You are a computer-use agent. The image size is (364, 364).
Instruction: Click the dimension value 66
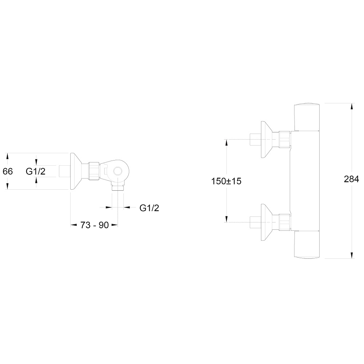8,171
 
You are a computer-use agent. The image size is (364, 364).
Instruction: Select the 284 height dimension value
351,179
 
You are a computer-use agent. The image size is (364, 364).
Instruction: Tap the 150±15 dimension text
226,181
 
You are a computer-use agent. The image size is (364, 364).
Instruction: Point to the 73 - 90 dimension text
95,225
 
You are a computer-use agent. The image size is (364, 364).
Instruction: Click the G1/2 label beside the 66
36,171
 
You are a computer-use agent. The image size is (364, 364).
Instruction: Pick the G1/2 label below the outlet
149,208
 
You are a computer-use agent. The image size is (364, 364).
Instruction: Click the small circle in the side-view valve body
118,171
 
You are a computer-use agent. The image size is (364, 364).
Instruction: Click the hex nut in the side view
94,171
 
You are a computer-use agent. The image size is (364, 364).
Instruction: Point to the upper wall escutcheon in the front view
270,139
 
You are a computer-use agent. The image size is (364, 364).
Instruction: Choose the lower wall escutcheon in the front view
270,222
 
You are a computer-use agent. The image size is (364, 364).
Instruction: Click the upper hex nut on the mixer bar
285,139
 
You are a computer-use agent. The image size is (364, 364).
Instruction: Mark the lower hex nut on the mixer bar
285,222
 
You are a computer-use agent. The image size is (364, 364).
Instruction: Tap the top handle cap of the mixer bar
307,116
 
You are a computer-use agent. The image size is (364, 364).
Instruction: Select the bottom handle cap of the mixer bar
307,245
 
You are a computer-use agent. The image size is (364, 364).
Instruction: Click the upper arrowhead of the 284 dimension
352,106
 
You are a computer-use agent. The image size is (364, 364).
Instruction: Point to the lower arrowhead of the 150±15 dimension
226,219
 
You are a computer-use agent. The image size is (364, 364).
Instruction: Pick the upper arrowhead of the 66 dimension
7,157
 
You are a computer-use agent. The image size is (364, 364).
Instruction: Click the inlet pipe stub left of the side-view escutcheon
65,171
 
